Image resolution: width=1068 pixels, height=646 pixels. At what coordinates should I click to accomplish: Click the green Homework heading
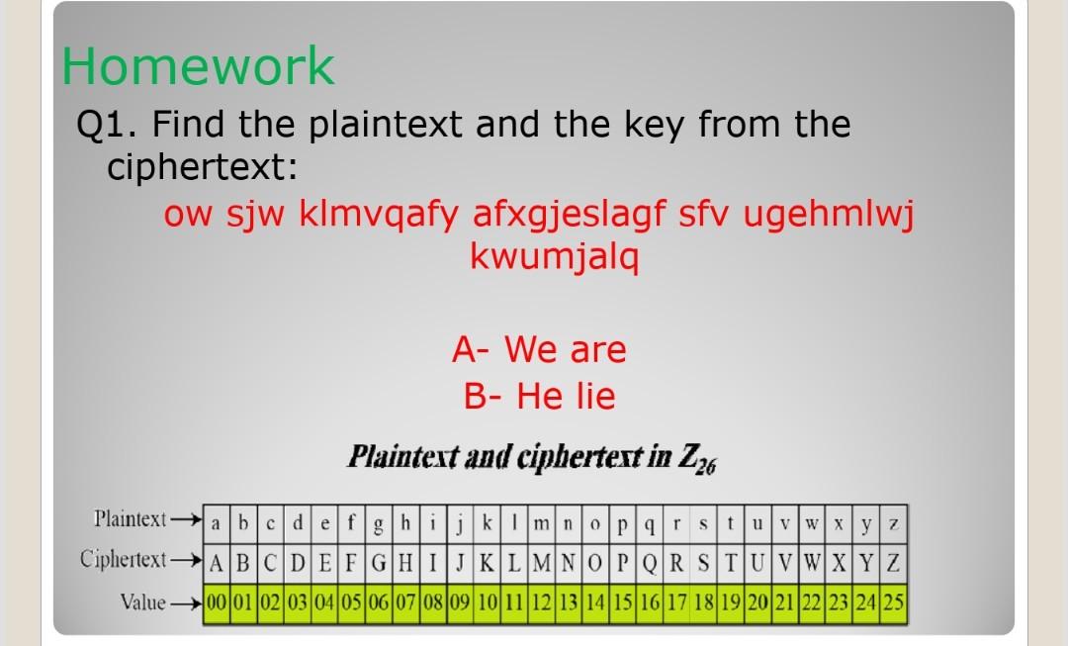click(x=198, y=66)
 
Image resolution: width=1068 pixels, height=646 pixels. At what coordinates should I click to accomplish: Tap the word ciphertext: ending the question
click(x=202, y=168)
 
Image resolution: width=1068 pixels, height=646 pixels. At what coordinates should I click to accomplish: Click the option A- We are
click(x=539, y=349)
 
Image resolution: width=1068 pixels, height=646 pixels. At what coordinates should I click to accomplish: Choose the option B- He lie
click(x=539, y=397)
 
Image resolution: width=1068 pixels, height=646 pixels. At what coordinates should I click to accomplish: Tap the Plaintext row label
click(x=130, y=518)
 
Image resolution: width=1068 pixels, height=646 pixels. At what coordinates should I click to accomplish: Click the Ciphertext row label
click(x=123, y=559)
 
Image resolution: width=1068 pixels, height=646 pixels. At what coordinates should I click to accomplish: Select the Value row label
click(x=140, y=600)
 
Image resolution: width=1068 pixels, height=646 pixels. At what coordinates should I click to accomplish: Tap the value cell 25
click(x=894, y=600)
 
